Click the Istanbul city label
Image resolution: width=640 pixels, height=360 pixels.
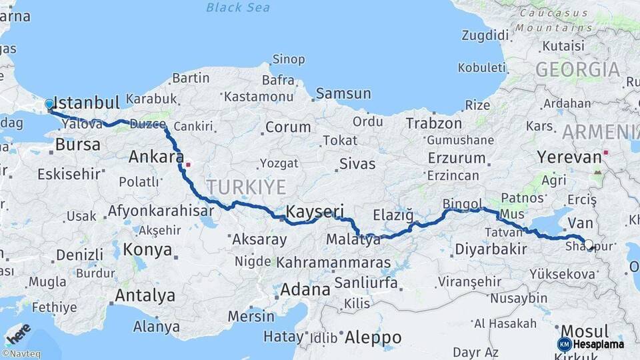pyautogui.click(x=87, y=103)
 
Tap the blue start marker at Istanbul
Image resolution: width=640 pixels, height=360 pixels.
pyautogui.click(x=49, y=104)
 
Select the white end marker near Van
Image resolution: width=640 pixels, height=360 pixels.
pyautogui.click(x=589, y=244)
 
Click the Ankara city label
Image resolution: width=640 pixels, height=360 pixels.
pyautogui.click(x=156, y=157)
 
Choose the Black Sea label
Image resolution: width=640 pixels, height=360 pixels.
pyautogui.click(x=237, y=7)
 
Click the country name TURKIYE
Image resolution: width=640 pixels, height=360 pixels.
pyautogui.click(x=246, y=186)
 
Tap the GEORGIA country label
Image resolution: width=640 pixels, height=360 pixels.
pyautogui.click(x=577, y=69)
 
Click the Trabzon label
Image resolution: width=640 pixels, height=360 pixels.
pyautogui.click(x=433, y=123)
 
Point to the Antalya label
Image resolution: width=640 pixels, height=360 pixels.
pyautogui.click(x=145, y=295)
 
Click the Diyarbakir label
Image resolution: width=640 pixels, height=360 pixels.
pyautogui.click(x=491, y=249)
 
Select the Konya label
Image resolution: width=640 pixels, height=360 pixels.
pyautogui.click(x=148, y=250)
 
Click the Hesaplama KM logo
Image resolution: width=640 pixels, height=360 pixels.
pyautogui.click(x=591, y=344)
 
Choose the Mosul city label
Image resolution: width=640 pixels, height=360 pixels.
pyautogui.click(x=585, y=331)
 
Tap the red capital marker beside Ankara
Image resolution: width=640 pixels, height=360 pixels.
pyautogui.click(x=189, y=163)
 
